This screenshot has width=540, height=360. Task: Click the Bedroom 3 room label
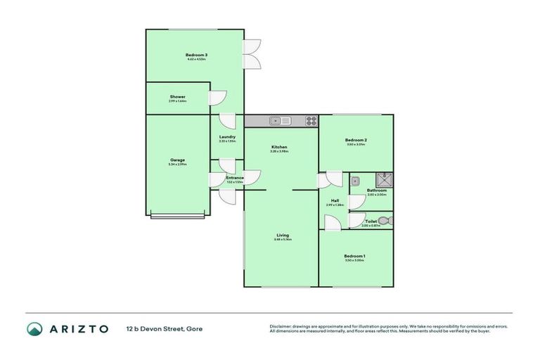click(196, 55)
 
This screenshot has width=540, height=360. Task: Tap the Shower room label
click(177, 96)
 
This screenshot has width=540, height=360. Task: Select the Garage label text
click(177, 160)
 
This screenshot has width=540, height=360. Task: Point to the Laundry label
click(227, 136)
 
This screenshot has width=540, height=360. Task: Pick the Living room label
click(283, 235)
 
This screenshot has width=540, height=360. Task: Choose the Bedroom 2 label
click(356, 140)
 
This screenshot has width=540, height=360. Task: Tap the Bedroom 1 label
click(354, 256)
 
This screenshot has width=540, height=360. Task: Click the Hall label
click(335, 200)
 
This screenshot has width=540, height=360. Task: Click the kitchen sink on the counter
click(281, 120)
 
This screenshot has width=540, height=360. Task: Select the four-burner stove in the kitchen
click(310, 120)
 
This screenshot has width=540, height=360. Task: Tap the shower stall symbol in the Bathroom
click(385, 180)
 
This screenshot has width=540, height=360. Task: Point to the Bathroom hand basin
click(355, 181)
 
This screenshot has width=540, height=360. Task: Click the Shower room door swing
click(217, 98)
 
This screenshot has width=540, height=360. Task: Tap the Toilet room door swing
click(356, 220)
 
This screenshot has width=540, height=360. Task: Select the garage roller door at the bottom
click(179, 215)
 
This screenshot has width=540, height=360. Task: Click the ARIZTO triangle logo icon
click(34, 328)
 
